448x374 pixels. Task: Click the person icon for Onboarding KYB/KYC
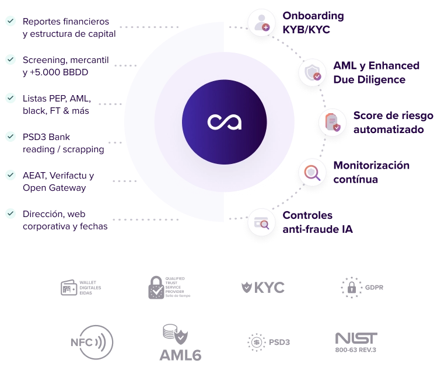[x=261, y=23]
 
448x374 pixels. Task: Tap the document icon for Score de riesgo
[x=332, y=123]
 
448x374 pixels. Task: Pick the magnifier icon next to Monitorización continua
[x=311, y=173]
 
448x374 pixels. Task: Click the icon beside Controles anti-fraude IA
[x=261, y=223]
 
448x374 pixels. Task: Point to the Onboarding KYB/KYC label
[x=313, y=22]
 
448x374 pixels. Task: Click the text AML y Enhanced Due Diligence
[x=376, y=72]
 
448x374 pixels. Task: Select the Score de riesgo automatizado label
[x=393, y=123]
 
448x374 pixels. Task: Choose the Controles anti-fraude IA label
[x=318, y=222]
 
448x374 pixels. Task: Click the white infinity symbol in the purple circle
[x=224, y=123]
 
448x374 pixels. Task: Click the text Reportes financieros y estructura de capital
[x=68, y=28]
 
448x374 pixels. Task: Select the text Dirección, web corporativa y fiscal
[x=64, y=221]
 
